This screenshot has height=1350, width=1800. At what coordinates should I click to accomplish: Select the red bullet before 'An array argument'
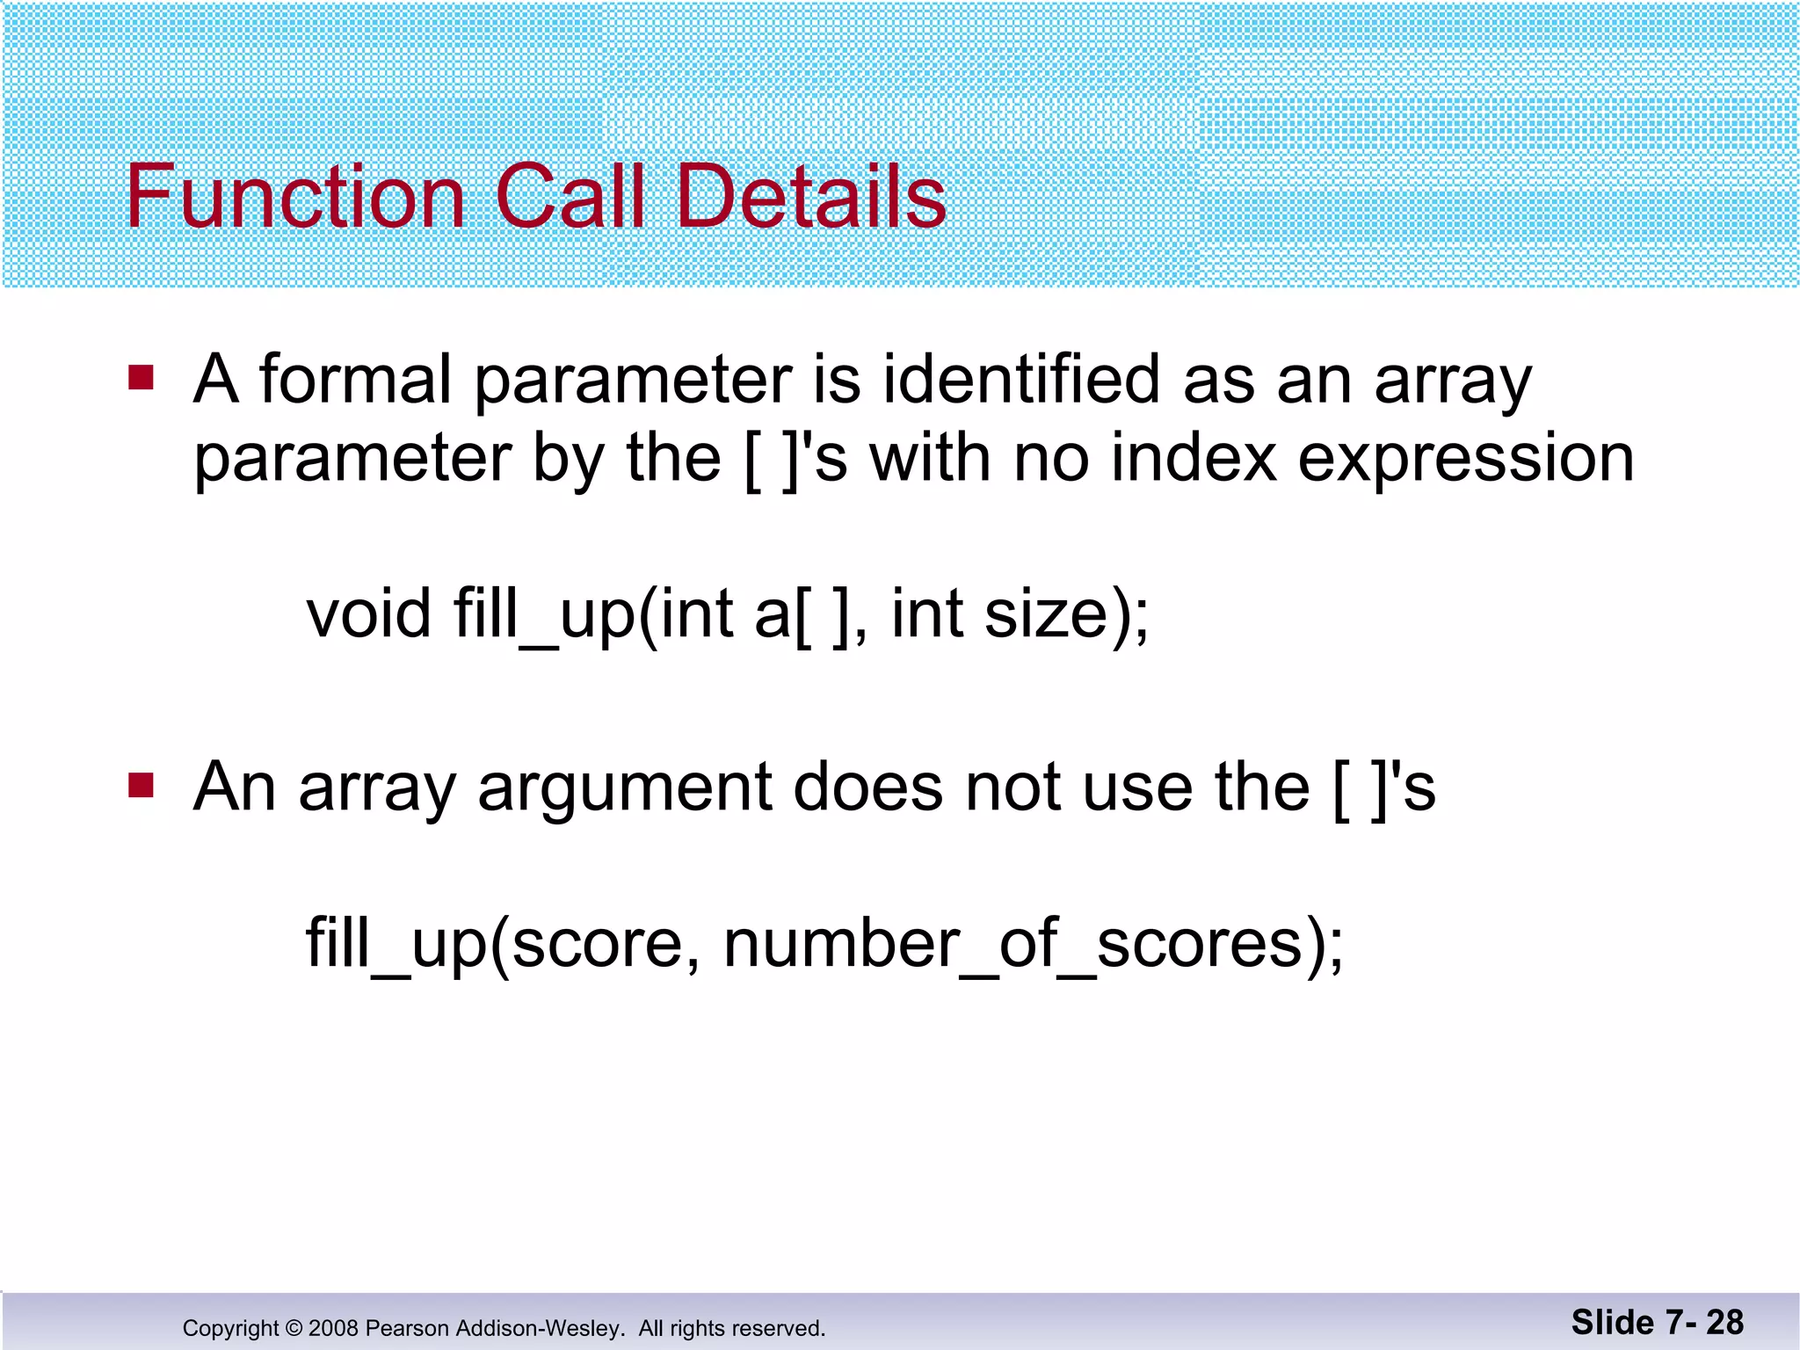pyautogui.click(x=142, y=785)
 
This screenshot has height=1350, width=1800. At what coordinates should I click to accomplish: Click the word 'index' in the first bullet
pyautogui.click(x=1193, y=459)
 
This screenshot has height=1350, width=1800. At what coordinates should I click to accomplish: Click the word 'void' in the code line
pyautogui.click(x=368, y=613)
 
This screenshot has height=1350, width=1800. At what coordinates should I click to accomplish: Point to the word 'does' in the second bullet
pyautogui.click(x=867, y=787)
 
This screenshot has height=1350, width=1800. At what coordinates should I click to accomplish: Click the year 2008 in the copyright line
pyautogui.click(x=334, y=1328)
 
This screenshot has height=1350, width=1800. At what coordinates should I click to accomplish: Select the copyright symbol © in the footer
pyautogui.click(x=294, y=1328)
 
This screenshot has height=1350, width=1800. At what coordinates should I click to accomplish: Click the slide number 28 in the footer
pyautogui.click(x=1724, y=1322)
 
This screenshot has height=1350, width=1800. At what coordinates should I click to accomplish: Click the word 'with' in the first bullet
pyautogui.click(x=931, y=459)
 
